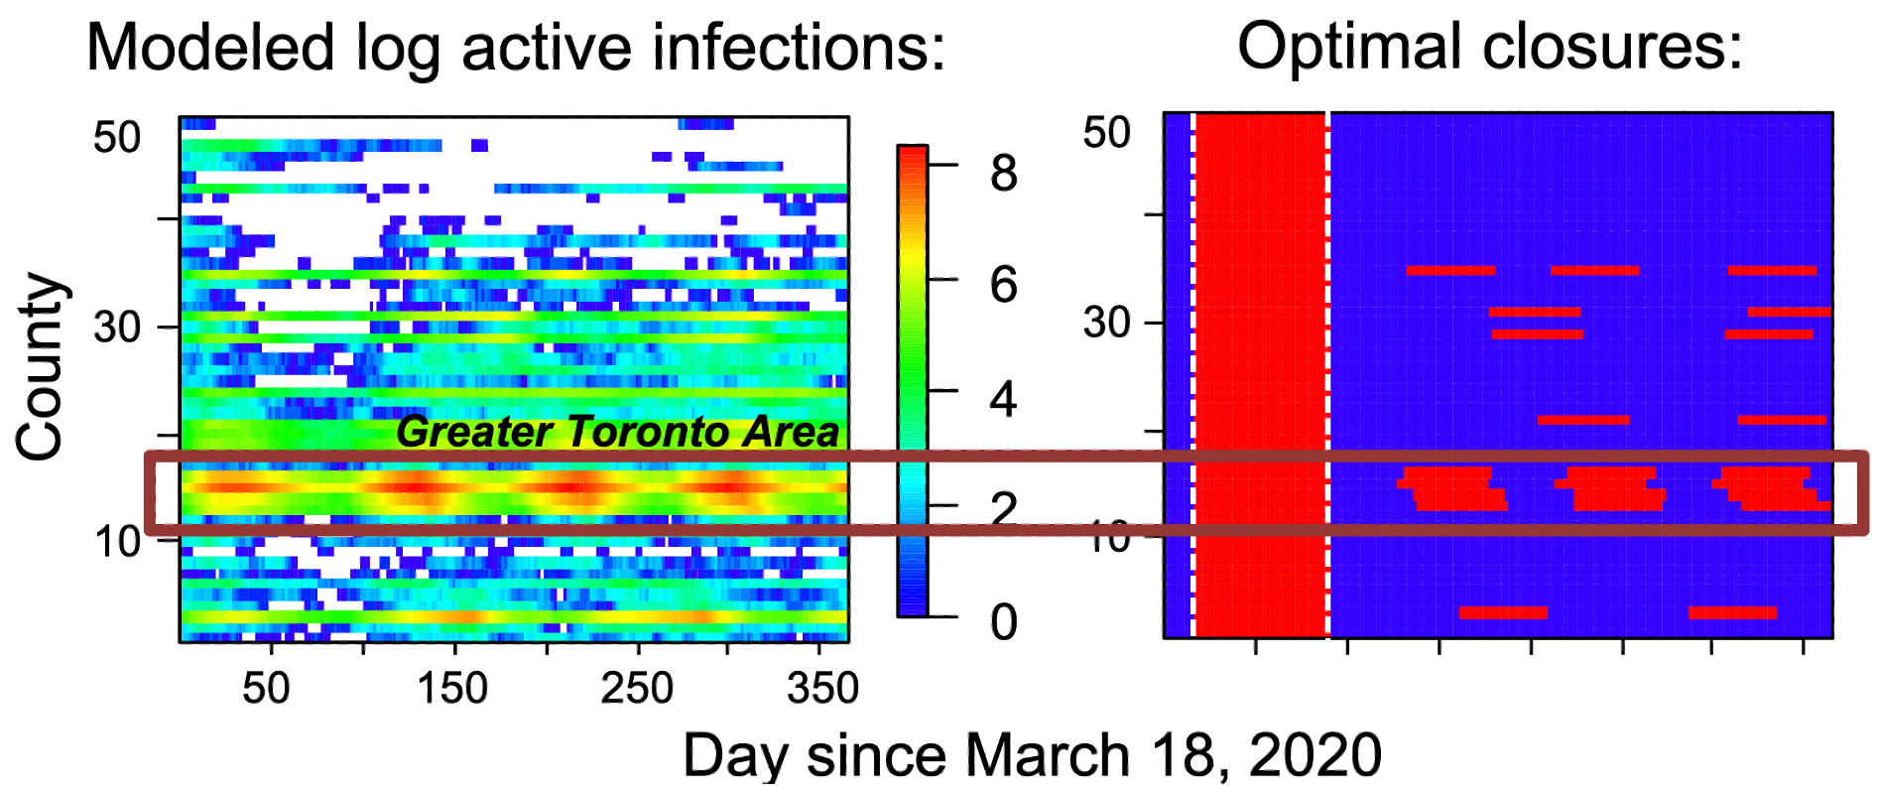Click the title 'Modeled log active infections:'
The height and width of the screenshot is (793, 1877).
click(x=516, y=48)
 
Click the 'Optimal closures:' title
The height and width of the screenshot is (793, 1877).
click(x=1489, y=46)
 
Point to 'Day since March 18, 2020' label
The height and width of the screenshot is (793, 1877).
click(x=1032, y=756)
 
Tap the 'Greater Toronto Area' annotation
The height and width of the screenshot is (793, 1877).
click(x=617, y=432)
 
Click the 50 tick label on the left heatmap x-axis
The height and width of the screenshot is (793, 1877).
click(x=266, y=688)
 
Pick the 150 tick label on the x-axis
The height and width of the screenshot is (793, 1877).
click(x=452, y=688)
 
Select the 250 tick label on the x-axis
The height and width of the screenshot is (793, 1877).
click(x=637, y=688)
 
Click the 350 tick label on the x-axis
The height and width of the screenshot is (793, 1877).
click(x=822, y=688)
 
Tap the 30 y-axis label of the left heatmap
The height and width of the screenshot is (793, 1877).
click(x=117, y=327)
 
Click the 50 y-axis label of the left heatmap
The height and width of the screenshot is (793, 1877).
click(x=117, y=137)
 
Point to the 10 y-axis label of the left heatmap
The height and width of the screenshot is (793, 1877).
click(x=117, y=542)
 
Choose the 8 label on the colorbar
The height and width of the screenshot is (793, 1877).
click(x=1004, y=174)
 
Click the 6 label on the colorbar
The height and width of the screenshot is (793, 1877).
click(x=1004, y=286)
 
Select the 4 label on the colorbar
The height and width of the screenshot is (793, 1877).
click(x=1004, y=399)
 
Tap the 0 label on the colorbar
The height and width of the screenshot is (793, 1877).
click(x=1004, y=622)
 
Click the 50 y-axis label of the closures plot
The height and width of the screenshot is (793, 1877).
click(x=1106, y=132)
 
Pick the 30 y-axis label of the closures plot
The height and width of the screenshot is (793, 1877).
click(x=1106, y=323)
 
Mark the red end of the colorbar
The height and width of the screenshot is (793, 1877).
click(x=912, y=159)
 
